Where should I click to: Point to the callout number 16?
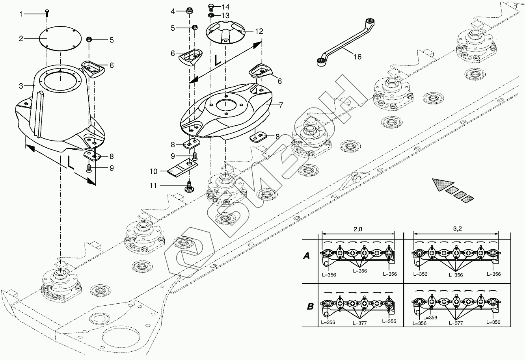click(357, 57)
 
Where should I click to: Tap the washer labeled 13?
click(211, 15)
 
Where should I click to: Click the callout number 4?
click(173, 11)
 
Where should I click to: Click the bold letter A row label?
click(306, 256)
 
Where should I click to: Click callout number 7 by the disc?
click(281, 106)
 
